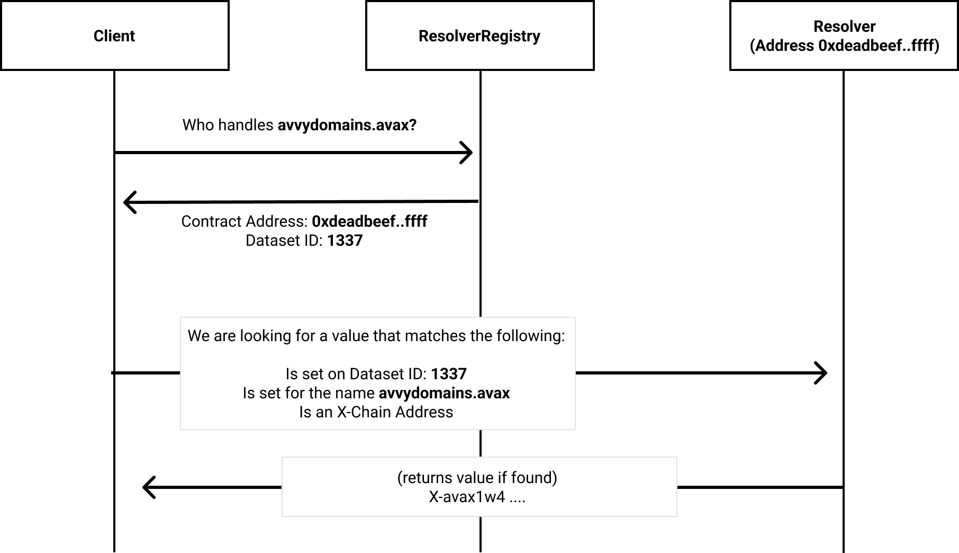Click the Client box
[x=114, y=35]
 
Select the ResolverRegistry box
[x=479, y=35]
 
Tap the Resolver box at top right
[x=844, y=35]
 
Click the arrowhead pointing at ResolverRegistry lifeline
[x=466, y=153]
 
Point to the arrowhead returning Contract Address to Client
[x=130, y=202]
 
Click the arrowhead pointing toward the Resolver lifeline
[x=820, y=373]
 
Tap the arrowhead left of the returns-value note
[x=149, y=487]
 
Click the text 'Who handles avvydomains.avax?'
[x=300, y=125]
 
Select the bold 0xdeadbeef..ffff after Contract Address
[x=369, y=221]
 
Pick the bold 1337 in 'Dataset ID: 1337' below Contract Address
[x=345, y=240]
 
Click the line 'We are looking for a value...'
[x=376, y=336]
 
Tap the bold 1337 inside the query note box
[x=449, y=374]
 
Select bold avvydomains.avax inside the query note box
[x=444, y=393]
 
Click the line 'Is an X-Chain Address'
[x=376, y=412]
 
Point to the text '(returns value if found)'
[x=477, y=478]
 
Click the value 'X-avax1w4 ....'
[x=477, y=497]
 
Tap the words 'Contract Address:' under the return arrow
[x=245, y=221]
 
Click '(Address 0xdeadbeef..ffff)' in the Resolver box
[x=845, y=46]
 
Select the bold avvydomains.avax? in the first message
[x=347, y=125]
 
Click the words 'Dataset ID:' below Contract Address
[x=284, y=240]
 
